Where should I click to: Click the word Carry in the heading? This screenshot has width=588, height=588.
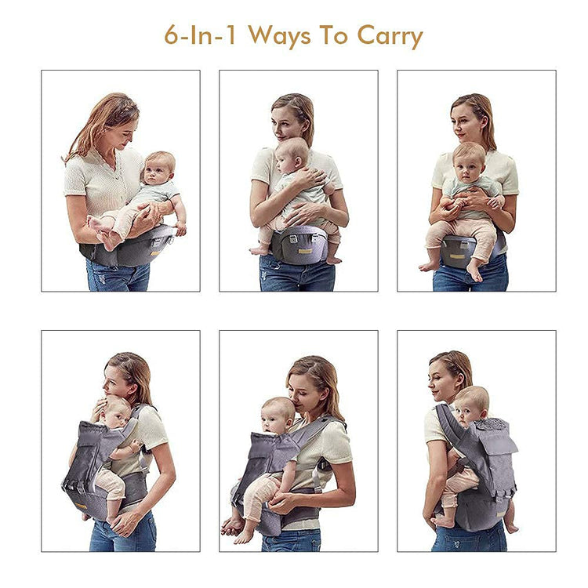click(x=390, y=36)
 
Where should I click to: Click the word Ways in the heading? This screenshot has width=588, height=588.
click(x=280, y=36)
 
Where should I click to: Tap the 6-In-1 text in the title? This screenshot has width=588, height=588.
click(x=200, y=35)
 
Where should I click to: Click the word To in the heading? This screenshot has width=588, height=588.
click(x=334, y=35)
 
